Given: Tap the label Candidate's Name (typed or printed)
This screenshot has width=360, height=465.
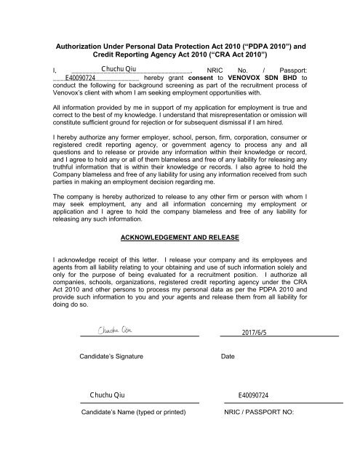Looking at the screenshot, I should pyautogui.click(x=133, y=411).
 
